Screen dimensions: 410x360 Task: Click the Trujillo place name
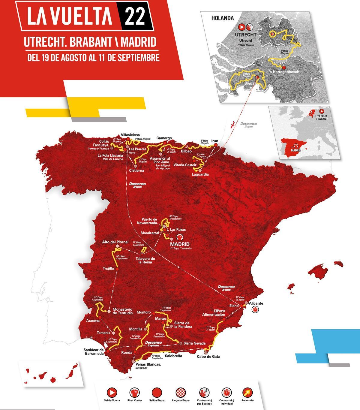[108, 269]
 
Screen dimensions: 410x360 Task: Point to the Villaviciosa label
[130, 135]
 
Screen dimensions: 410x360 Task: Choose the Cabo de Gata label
[208, 357]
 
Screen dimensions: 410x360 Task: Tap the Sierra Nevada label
[195, 343]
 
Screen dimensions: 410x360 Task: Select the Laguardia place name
[200, 174]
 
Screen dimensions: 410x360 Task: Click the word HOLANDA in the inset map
[222, 18]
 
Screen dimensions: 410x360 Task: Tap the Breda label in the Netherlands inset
[249, 83]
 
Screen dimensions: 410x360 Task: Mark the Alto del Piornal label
[115, 242]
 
